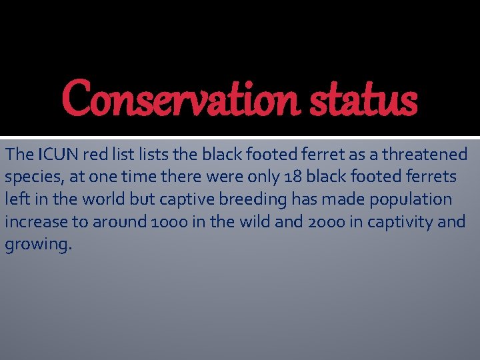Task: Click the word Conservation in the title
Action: click(180, 99)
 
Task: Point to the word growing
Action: click(37, 244)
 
